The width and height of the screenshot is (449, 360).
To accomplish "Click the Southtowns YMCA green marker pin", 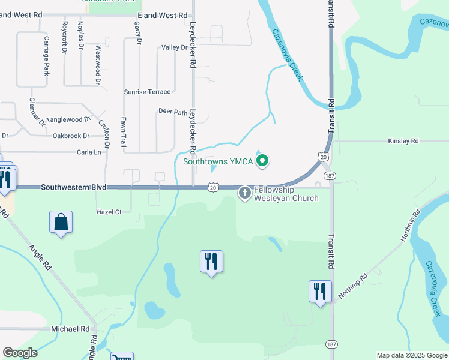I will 262,161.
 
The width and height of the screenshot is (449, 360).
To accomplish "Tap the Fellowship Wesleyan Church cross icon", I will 245,193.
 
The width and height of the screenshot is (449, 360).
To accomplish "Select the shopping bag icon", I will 61,223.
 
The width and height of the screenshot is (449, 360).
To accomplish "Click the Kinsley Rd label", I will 403,141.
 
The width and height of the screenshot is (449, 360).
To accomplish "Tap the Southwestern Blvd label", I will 74,188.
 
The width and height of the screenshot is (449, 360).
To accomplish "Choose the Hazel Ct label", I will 109,212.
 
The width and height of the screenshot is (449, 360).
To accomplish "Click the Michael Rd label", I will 70,329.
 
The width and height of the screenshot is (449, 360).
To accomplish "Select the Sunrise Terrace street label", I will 147,92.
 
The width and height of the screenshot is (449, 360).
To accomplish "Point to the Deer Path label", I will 173,112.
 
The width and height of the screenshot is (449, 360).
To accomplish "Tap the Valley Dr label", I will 175,47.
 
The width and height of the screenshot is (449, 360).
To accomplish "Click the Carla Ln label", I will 89,152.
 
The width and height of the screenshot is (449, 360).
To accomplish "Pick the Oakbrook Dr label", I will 71,136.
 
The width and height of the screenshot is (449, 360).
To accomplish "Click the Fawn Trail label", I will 123,132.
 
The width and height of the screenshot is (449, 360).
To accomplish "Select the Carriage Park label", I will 46,55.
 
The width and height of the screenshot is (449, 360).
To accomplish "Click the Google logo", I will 20,353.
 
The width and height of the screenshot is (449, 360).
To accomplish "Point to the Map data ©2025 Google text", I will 411,355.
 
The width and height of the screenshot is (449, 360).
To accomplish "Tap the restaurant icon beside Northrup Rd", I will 319,292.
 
